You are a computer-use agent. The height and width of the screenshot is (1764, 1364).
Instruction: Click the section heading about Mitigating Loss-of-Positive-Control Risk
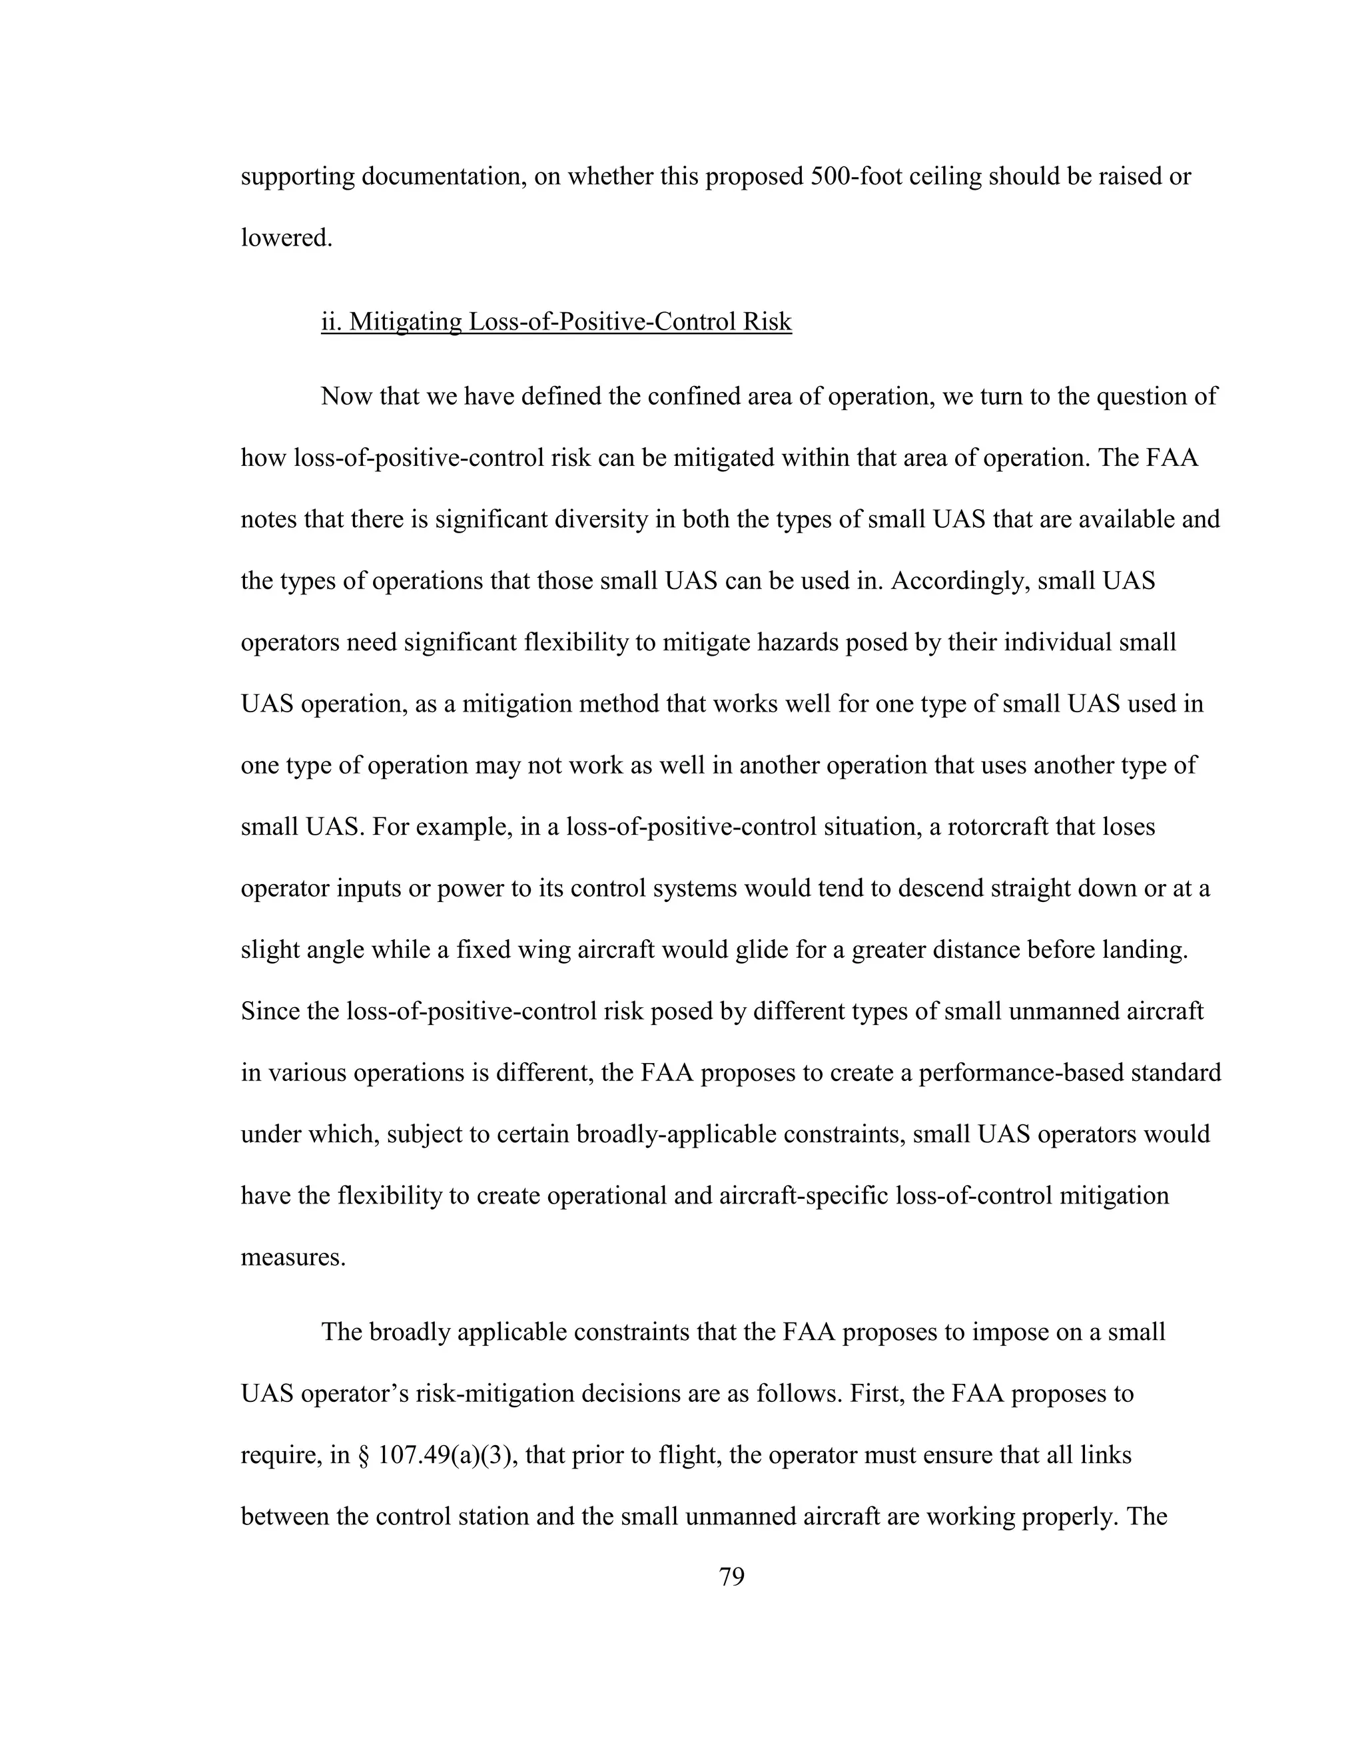coord(556,322)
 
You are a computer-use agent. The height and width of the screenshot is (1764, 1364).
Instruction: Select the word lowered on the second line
coord(286,238)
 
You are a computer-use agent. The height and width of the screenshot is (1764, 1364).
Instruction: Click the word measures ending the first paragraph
coord(292,1257)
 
